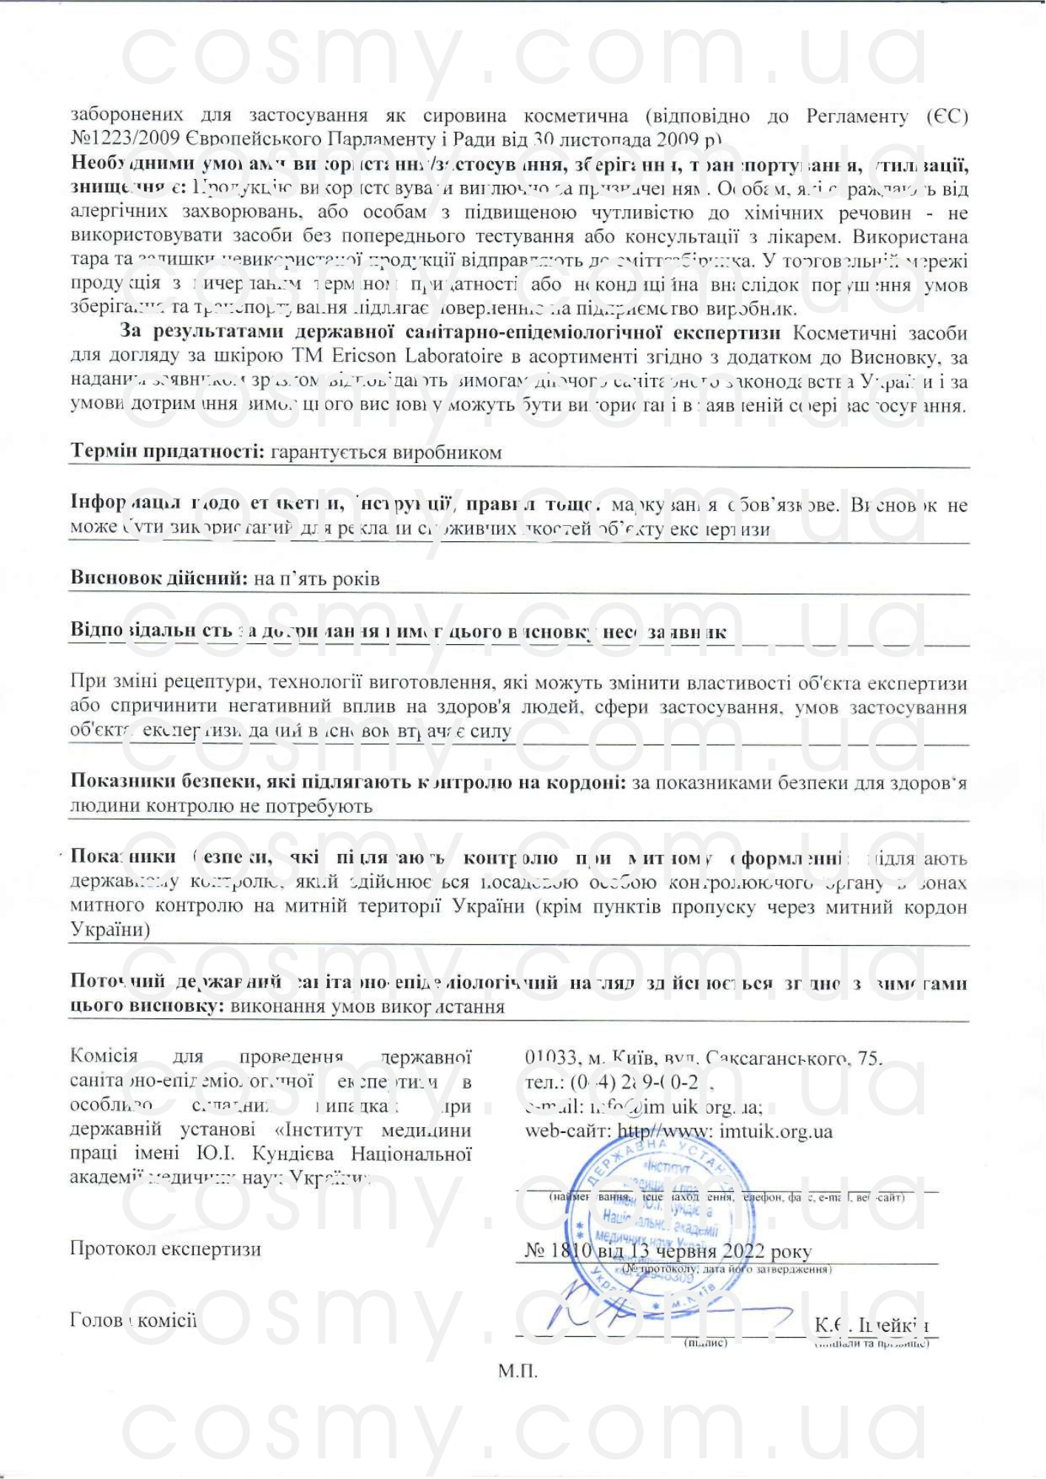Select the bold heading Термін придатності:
pyautogui.click(x=167, y=451)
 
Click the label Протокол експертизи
pyautogui.click(x=166, y=1249)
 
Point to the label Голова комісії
pyautogui.click(x=133, y=1320)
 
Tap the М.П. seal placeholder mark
pyautogui.click(x=517, y=1372)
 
